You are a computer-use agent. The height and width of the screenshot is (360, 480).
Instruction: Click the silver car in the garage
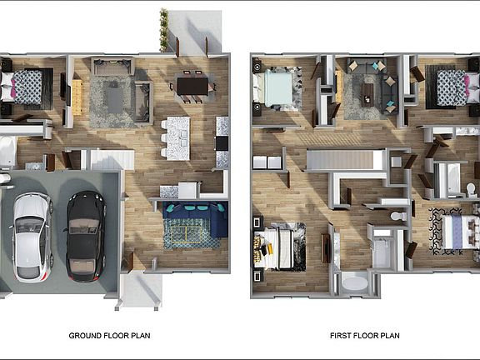pyautogui.click(x=32, y=236)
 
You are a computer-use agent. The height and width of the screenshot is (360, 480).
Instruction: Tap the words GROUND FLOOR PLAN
pyautogui.click(x=109, y=336)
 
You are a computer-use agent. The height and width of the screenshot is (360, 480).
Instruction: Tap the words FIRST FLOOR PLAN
pyautogui.click(x=365, y=336)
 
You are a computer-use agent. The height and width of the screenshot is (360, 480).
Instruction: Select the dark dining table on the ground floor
pyautogui.click(x=192, y=85)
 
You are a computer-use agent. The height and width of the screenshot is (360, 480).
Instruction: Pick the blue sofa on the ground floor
pyautogui.click(x=195, y=218)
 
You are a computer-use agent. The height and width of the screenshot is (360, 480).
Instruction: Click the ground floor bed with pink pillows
pyautogui.click(x=26, y=87)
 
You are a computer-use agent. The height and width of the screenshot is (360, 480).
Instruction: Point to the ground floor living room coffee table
pyautogui.click(x=114, y=97)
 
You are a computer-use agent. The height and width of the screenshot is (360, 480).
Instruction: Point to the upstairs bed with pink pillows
pyautogui.click(x=450, y=87)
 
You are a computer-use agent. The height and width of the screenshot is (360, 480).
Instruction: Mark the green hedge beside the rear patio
pyautogui.click(x=164, y=30)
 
